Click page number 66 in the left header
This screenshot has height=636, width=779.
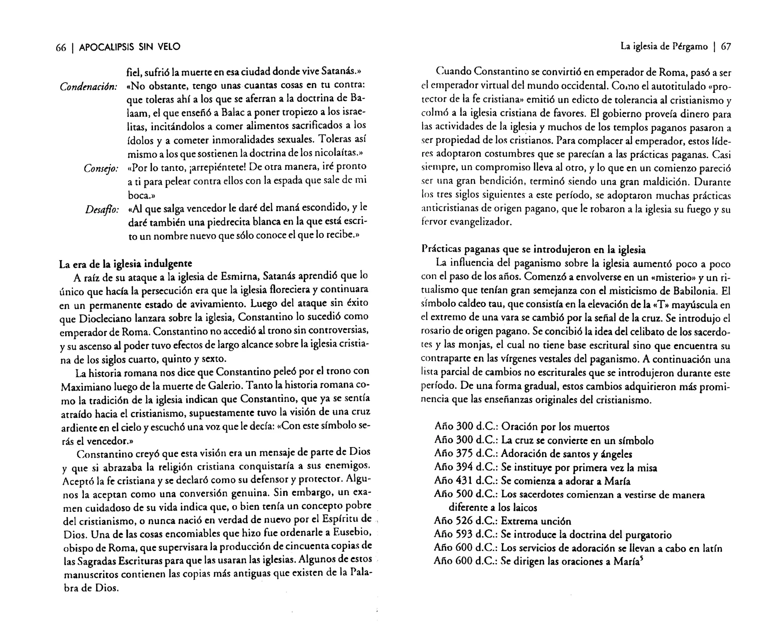pos(61,47)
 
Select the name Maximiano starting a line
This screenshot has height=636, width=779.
pos(84,387)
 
